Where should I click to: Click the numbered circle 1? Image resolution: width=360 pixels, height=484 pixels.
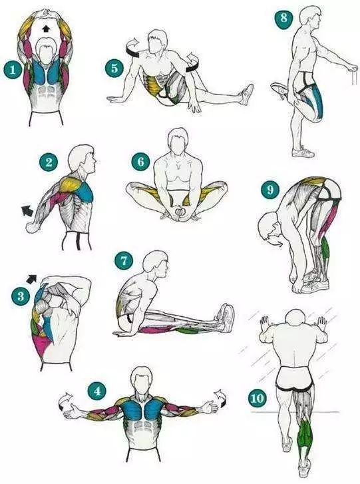pos(13,70)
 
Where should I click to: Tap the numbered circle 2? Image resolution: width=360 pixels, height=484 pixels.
pos(49,162)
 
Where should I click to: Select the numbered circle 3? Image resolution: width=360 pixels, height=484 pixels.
pos(21,296)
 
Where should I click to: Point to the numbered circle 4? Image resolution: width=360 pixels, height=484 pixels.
pos(97,391)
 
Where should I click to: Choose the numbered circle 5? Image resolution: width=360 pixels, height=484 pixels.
pos(114,68)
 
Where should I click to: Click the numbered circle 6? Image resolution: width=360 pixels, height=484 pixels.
pos(140,161)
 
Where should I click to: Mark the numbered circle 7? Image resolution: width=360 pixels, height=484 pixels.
pos(124,260)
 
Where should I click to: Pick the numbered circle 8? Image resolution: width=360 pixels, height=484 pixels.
pos(283,18)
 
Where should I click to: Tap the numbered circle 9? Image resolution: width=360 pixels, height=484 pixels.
pos(270,189)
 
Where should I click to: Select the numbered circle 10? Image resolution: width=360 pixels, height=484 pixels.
pos(257,398)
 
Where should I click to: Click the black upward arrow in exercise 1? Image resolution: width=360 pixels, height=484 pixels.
pos(46,29)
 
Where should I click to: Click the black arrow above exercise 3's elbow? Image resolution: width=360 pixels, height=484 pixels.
pos(31,279)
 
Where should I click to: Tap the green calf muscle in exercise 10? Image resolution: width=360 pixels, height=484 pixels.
pos(305,434)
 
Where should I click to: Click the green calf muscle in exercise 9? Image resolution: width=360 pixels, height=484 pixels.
pos(325,249)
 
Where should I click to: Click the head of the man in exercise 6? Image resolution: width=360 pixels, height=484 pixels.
pos(178,142)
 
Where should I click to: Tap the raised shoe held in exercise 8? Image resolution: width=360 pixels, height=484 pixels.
pos(279,89)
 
